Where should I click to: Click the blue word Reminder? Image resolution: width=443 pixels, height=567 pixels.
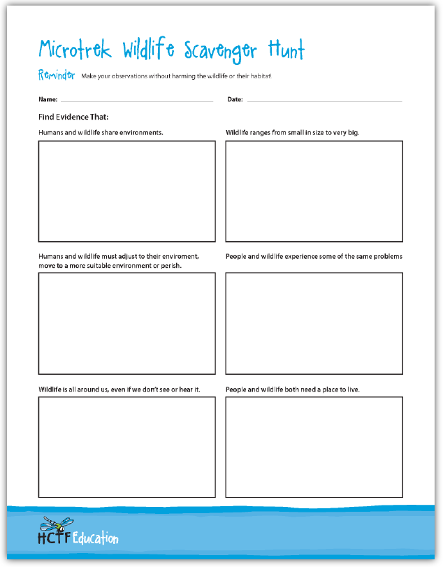57,75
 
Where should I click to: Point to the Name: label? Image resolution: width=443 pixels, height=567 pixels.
48,100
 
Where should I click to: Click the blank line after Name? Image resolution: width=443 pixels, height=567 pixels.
137,101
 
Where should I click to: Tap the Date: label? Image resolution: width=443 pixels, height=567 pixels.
235,100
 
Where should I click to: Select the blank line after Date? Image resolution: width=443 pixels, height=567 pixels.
324,101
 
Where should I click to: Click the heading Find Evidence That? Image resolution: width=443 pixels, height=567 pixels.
73,117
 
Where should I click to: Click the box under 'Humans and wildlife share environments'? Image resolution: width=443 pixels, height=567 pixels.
126,191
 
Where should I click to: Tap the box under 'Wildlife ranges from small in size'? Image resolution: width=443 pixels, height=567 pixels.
314,191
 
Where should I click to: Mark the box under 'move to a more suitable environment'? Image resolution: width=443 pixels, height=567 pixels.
126,323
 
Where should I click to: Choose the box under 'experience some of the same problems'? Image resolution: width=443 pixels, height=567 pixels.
314,323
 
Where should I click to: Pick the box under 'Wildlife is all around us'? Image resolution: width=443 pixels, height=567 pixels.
126,447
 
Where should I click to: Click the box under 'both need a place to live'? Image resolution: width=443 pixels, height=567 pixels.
314,447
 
